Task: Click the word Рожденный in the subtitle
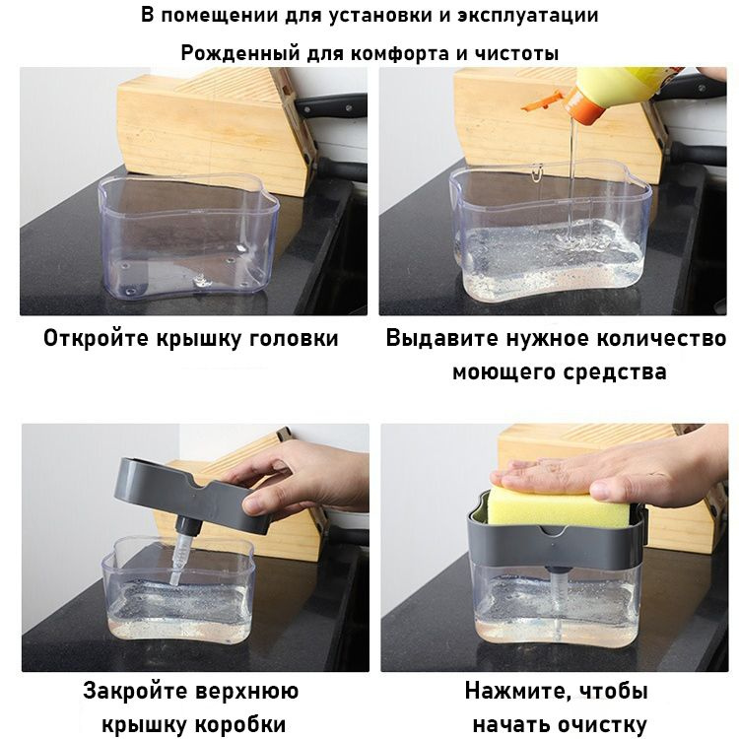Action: click(240, 53)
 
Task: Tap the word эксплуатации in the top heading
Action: click(528, 16)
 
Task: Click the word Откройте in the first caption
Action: click(97, 339)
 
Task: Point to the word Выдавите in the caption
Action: click(442, 339)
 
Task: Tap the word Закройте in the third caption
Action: click(136, 691)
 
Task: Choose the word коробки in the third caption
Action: click(240, 725)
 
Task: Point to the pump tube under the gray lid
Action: click(181, 551)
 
